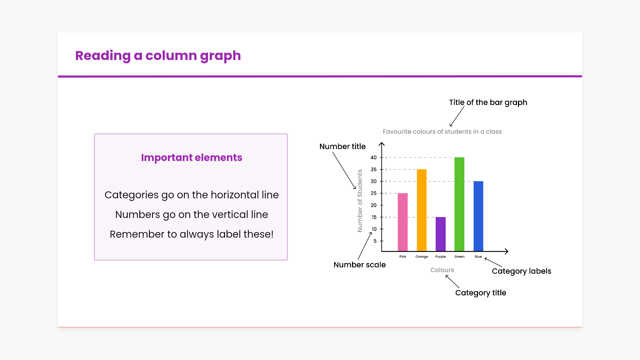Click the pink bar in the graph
(x=403, y=222)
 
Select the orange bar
(x=422, y=210)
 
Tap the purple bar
(x=441, y=234)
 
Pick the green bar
(x=459, y=204)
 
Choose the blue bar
(x=478, y=216)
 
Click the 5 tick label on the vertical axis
(x=375, y=241)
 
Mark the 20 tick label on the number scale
(x=374, y=205)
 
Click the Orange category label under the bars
(x=422, y=257)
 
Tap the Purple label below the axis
(x=441, y=257)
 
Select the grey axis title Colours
(x=442, y=270)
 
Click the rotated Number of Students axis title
(x=360, y=201)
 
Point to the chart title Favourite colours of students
(x=442, y=132)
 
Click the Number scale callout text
(x=360, y=265)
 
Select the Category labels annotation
(x=522, y=271)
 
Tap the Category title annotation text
(x=481, y=293)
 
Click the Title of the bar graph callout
(x=488, y=103)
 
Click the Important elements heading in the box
(x=192, y=158)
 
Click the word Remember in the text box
(x=137, y=234)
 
